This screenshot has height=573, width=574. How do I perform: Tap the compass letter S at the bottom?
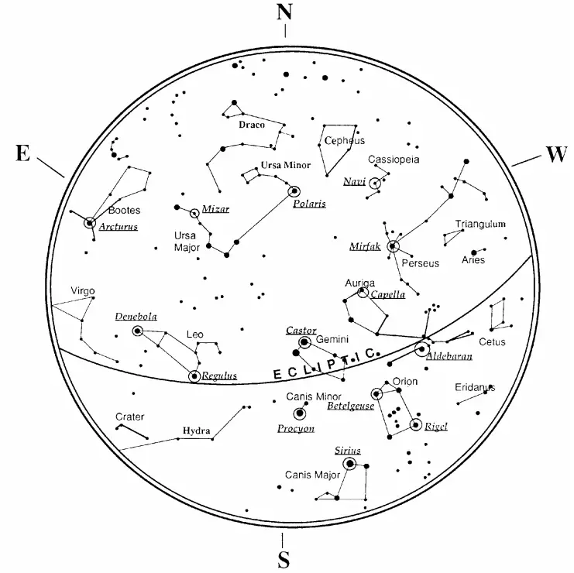point(284,560)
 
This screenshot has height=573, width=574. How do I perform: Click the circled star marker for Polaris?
point(294,191)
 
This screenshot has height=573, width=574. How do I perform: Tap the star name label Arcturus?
point(118,227)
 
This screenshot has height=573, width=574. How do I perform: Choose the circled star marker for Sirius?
point(349,464)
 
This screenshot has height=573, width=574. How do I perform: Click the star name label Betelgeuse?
point(350,405)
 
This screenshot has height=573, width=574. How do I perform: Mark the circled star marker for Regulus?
point(194,376)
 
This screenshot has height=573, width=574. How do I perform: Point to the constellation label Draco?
point(252,124)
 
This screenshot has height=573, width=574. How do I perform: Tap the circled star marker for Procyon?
point(299,413)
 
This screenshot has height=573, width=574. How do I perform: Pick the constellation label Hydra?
point(197,431)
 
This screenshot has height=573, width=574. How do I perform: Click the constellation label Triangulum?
point(479,224)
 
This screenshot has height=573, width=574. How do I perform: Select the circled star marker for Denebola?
point(139,331)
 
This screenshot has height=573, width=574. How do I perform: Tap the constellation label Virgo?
point(83,291)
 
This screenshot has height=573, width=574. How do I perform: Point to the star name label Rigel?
point(436,426)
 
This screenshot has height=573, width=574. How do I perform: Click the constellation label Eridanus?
point(474,387)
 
